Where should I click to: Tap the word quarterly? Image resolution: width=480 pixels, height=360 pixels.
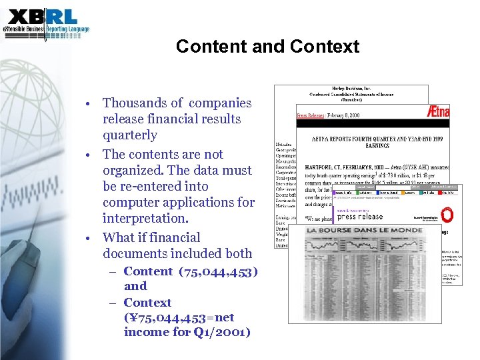(130, 135)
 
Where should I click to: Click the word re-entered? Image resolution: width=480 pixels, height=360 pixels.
(155, 187)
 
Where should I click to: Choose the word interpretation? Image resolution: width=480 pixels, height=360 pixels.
(145, 219)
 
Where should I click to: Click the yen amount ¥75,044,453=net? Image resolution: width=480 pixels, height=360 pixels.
(179, 317)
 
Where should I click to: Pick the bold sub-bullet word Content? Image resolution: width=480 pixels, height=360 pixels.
(148, 271)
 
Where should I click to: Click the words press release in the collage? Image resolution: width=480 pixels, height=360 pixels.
(360, 216)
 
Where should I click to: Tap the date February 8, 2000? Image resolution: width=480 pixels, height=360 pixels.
(345, 115)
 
